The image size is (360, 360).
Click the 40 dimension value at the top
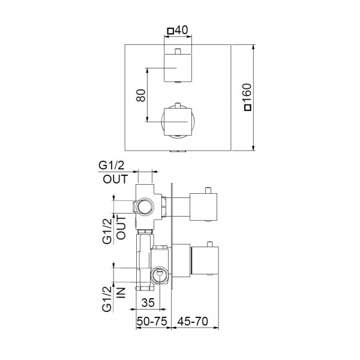[x=181, y=31]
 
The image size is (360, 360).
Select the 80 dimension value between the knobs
[x=141, y=95]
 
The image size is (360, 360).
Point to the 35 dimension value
[x=148, y=303]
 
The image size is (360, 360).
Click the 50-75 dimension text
[x=152, y=321]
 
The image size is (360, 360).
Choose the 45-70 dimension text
[x=193, y=321]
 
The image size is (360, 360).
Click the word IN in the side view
[x=121, y=293]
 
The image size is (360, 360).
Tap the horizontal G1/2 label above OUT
[x=112, y=166]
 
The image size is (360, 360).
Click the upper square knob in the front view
[x=178, y=68]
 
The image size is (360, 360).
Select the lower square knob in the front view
[x=178, y=122]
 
